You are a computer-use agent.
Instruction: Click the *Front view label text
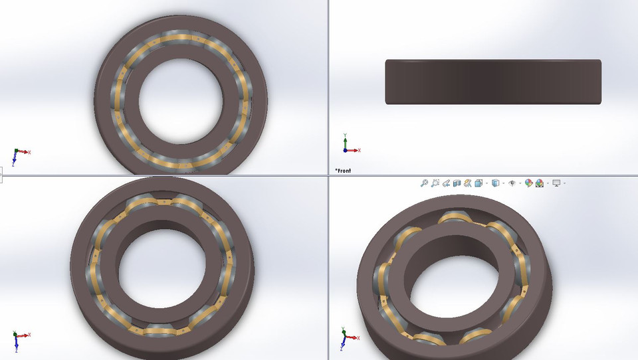(343, 171)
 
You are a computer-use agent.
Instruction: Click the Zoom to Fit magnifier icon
(424, 183)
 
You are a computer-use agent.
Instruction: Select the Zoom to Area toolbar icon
(435, 183)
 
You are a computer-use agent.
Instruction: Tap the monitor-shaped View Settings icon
(556, 183)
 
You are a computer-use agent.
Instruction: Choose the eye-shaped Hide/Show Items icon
(512, 183)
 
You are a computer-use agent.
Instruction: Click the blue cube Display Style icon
(495, 183)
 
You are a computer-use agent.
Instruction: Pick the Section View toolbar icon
(457, 183)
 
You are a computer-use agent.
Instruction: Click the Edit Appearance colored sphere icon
(529, 183)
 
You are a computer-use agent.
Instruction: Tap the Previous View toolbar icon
(446, 183)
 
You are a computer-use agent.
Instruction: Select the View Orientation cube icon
(478, 183)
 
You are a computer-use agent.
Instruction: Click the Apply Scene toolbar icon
(540, 183)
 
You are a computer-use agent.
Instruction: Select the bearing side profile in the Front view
(493, 82)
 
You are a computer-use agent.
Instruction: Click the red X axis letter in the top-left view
(29, 152)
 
